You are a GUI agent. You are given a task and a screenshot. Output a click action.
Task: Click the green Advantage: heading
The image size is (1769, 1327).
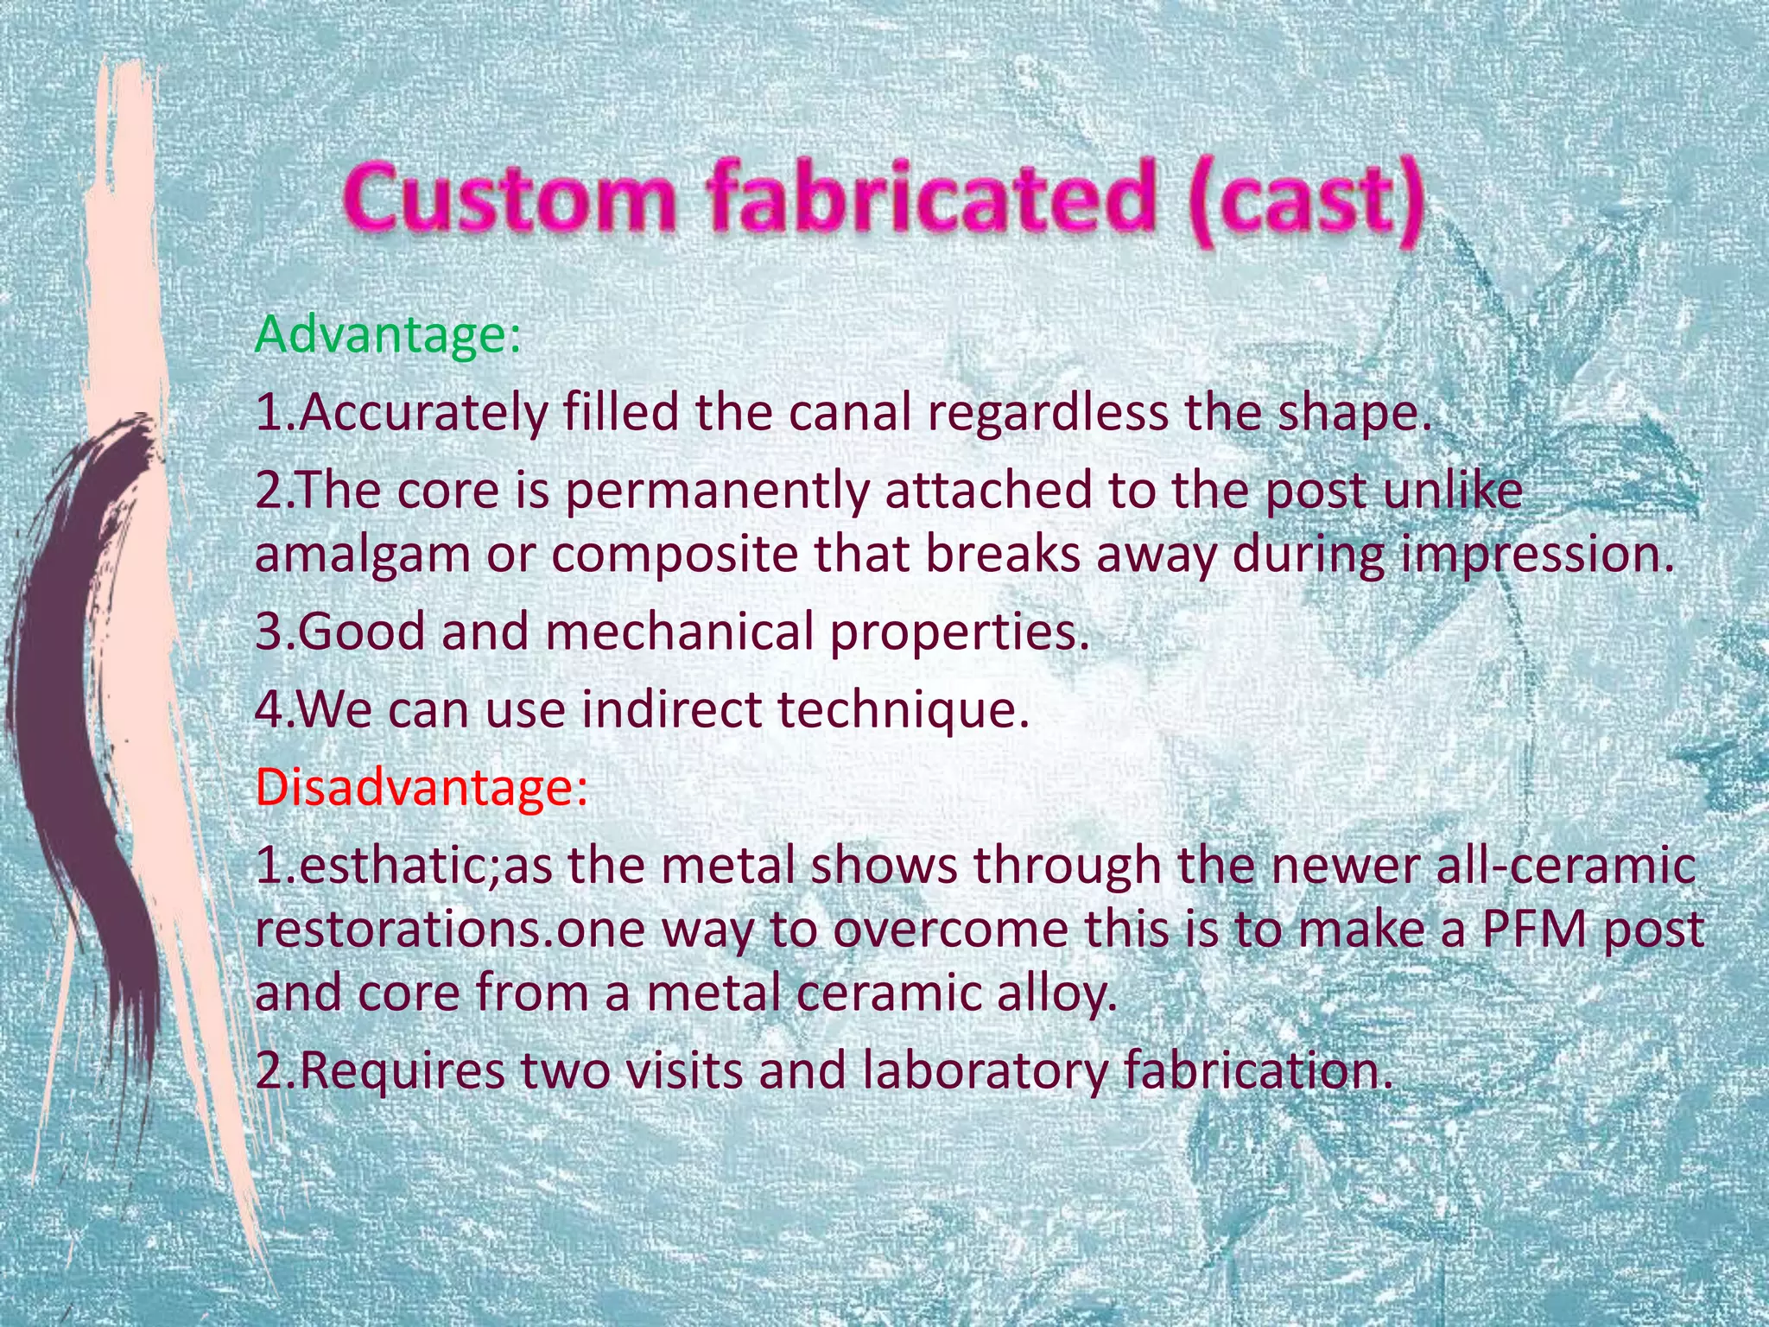pyautogui.click(x=388, y=335)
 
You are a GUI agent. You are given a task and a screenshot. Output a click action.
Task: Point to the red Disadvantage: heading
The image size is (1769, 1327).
pyautogui.click(x=422, y=787)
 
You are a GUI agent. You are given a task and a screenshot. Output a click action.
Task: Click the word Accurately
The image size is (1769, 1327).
pyautogui.click(x=423, y=414)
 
